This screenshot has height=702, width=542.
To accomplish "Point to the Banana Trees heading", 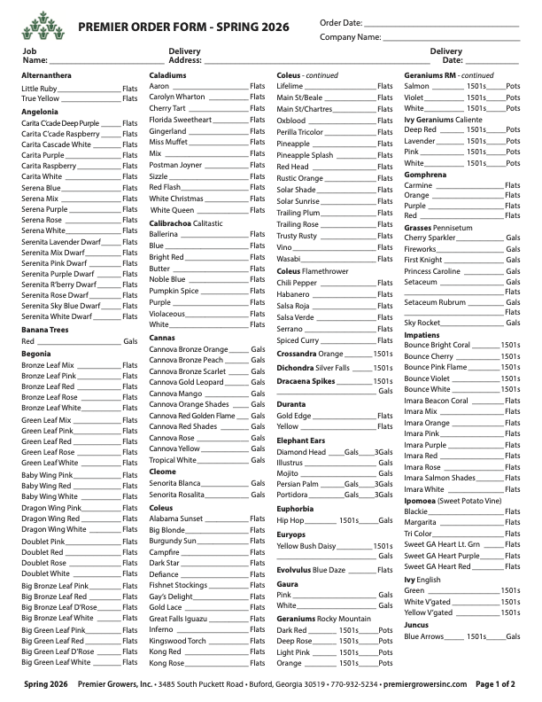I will [x=46, y=329].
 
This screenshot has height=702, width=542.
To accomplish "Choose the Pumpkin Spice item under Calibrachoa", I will [x=174, y=291].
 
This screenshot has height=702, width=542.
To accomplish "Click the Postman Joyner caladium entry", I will [x=175, y=165].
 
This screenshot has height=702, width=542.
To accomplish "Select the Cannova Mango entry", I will [x=175, y=393].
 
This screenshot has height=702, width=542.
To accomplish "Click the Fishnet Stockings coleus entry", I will [x=178, y=585].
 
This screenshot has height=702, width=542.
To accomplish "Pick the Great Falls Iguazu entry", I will [x=178, y=619].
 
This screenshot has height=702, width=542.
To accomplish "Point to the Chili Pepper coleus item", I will [x=296, y=283].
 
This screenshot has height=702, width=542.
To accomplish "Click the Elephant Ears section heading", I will [x=301, y=440].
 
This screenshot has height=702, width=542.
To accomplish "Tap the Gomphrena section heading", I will [x=425, y=175].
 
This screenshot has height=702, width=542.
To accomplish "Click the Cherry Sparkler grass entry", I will [x=430, y=238].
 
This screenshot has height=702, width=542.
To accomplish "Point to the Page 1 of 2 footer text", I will [x=495, y=684].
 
